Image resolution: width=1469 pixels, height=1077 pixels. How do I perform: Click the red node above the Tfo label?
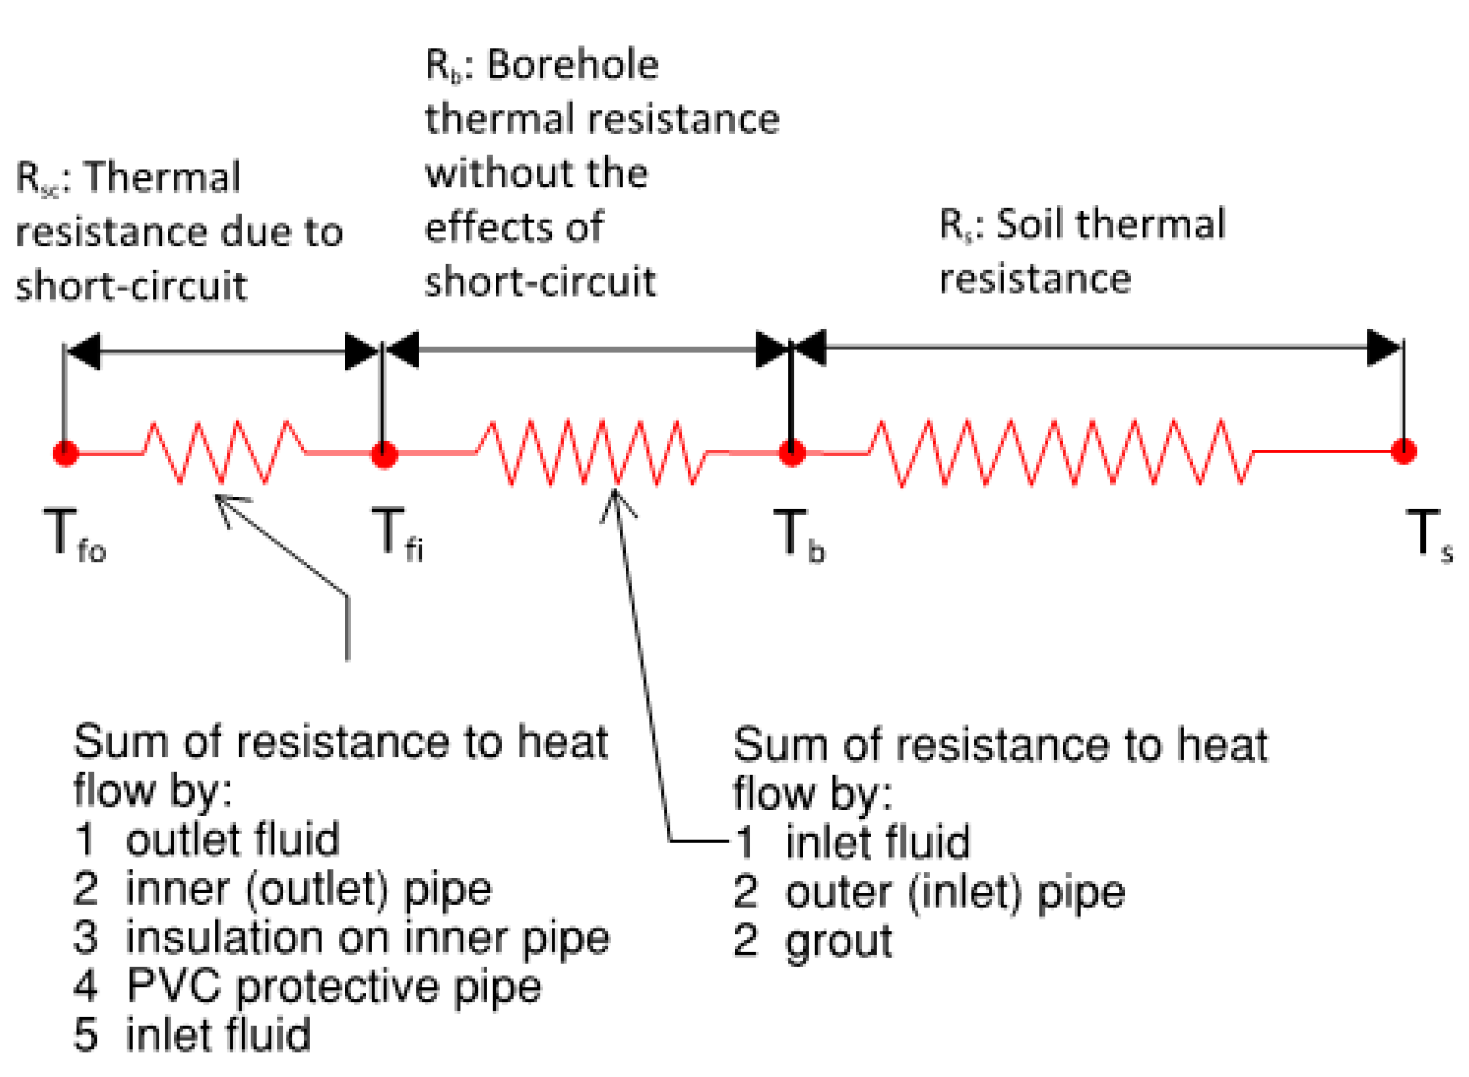click(x=65, y=453)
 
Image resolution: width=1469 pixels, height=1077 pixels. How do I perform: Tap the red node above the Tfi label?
click(x=384, y=454)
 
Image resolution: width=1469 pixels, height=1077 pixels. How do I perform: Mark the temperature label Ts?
click(x=1429, y=535)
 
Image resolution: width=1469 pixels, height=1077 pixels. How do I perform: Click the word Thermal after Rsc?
click(x=163, y=177)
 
